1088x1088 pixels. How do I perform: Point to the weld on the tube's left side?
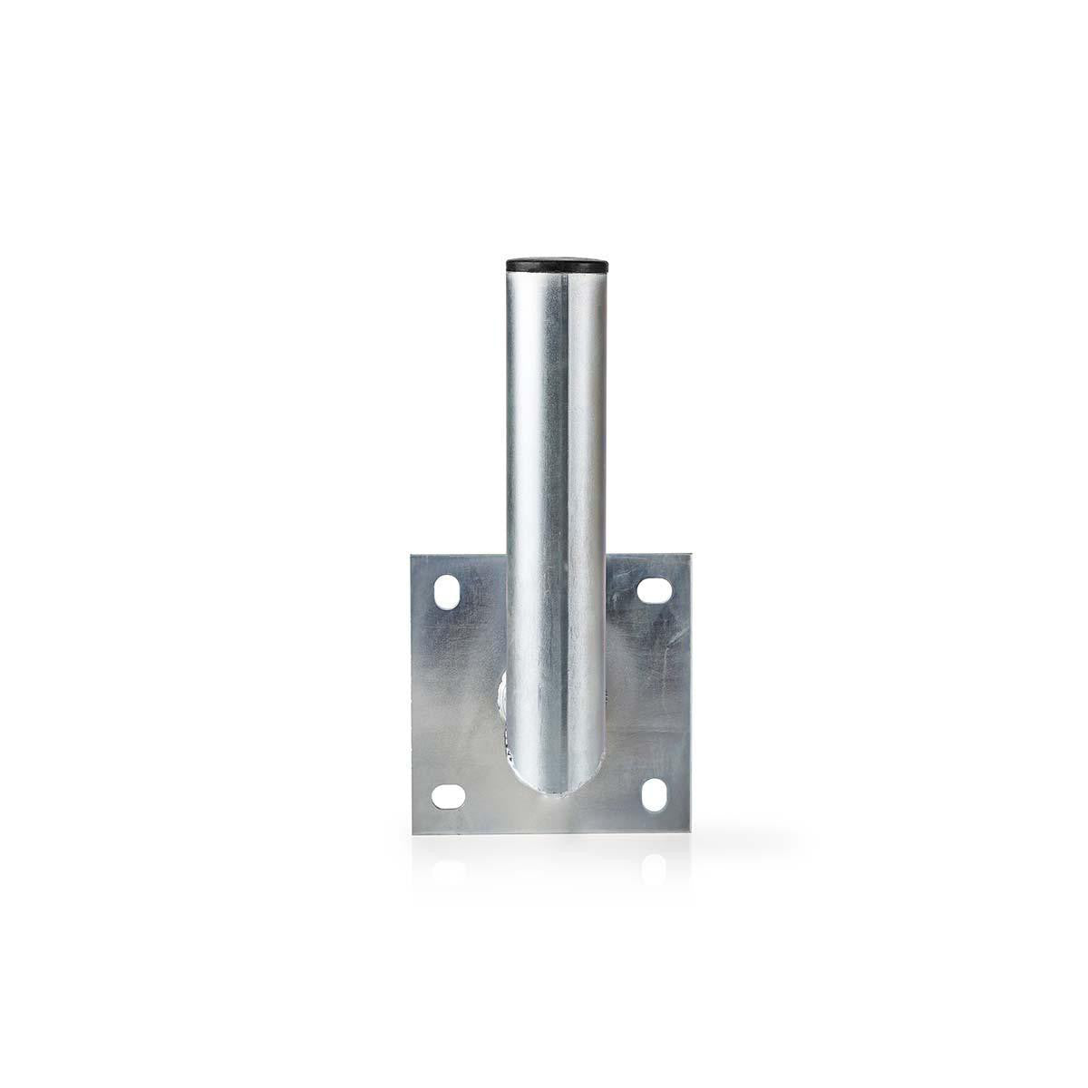(x=500, y=703)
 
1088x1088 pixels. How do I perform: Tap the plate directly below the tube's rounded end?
(x=544, y=816)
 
